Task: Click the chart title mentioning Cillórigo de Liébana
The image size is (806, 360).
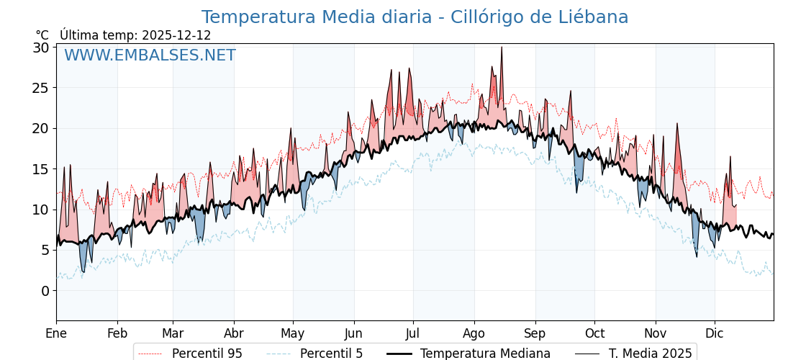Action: click(x=415, y=17)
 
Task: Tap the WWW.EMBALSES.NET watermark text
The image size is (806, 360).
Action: click(x=150, y=55)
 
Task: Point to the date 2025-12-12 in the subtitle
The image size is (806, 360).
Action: click(x=176, y=35)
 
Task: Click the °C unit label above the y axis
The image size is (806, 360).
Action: click(x=42, y=35)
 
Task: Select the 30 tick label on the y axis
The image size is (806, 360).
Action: click(x=41, y=48)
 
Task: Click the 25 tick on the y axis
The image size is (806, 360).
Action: click(x=41, y=88)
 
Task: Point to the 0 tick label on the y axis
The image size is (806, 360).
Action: click(x=45, y=291)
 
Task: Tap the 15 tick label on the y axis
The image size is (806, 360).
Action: click(x=41, y=169)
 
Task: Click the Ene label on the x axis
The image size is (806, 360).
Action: click(x=56, y=333)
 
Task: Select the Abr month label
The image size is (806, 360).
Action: click(x=234, y=333)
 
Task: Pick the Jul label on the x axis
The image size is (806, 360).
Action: click(x=413, y=333)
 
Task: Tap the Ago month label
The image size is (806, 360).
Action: click(x=474, y=333)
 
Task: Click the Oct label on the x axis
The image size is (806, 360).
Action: click(x=594, y=333)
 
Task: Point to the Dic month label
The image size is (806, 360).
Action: click(x=715, y=333)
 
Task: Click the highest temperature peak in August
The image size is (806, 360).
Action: click(x=502, y=48)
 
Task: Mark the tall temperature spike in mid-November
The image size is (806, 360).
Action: click(x=676, y=124)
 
